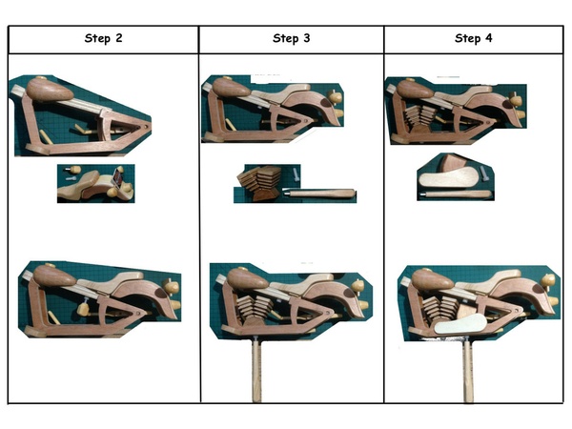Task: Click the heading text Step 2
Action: [103, 38]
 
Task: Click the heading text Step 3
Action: [291, 38]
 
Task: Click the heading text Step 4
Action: [473, 38]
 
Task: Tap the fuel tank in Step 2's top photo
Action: [50, 89]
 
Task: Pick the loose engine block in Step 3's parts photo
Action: [259, 182]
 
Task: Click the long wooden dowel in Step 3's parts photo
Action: [319, 193]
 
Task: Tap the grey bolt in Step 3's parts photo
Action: [296, 174]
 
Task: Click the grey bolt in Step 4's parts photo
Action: [483, 174]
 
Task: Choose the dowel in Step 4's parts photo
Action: [457, 194]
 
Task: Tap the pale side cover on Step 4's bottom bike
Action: [460, 324]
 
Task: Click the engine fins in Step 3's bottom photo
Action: [254, 309]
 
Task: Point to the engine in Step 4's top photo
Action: [419, 118]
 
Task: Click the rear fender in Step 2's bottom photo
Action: [148, 297]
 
